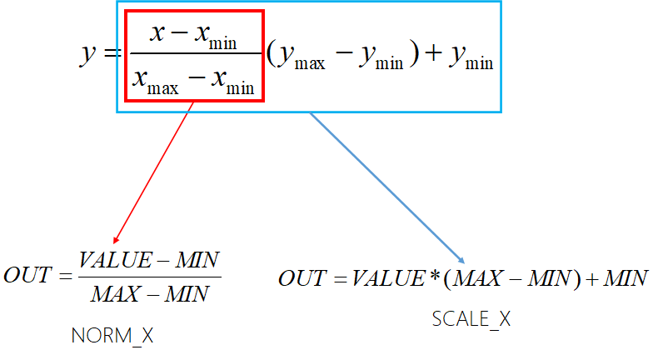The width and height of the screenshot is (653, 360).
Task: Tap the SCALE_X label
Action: click(x=471, y=318)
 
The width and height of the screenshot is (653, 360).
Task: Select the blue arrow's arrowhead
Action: click(x=460, y=262)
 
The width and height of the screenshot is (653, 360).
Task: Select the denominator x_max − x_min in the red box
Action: click(x=194, y=82)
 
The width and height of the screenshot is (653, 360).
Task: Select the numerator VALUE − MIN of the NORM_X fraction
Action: click(x=149, y=261)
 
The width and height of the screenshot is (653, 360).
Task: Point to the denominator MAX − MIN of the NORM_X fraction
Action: click(x=150, y=293)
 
